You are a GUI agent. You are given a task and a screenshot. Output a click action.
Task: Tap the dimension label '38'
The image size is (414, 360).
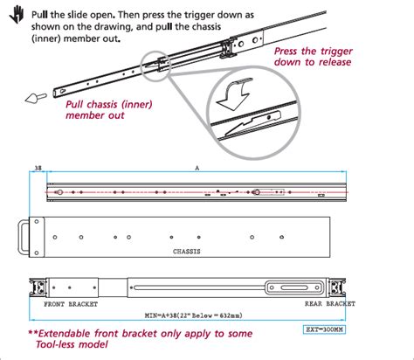(37, 165)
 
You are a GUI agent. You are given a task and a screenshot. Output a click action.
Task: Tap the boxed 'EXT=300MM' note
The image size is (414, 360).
(324, 331)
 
